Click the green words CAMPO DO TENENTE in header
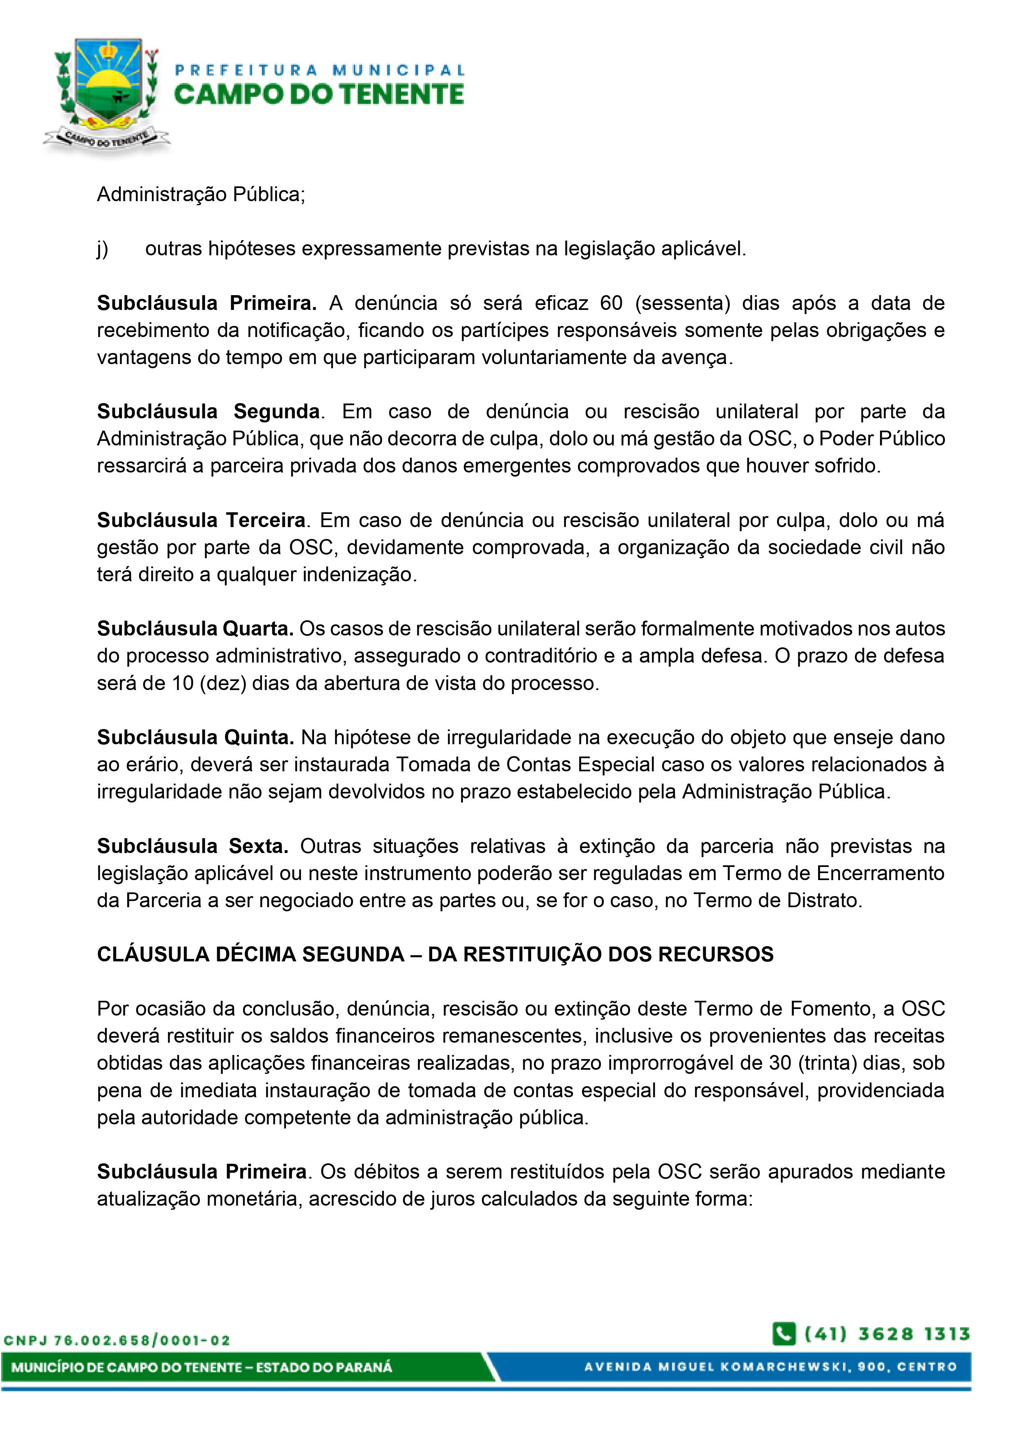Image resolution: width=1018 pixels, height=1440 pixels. (x=319, y=95)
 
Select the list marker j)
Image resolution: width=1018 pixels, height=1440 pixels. (x=102, y=249)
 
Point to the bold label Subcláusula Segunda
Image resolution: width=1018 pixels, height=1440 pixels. (x=208, y=412)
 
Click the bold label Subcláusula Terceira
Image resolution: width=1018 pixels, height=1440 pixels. (x=201, y=521)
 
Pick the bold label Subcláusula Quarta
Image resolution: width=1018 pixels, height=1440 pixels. (x=195, y=629)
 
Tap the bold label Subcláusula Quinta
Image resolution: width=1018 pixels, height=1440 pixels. (x=195, y=738)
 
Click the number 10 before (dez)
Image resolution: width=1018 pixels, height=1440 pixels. (x=183, y=683)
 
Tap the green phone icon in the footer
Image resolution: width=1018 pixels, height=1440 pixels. (x=784, y=1334)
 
